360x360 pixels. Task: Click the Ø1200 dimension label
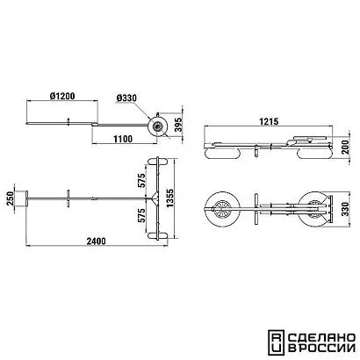click(62, 96)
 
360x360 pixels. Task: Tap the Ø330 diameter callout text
click(126, 98)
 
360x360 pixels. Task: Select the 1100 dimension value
click(123, 139)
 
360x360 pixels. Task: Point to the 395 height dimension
click(178, 125)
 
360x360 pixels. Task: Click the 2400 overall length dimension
click(97, 241)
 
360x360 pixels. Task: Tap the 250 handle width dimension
click(11, 198)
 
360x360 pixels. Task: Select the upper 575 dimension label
click(141, 181)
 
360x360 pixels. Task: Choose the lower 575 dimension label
click(141, 216)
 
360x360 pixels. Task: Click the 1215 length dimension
click(269, 121)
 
